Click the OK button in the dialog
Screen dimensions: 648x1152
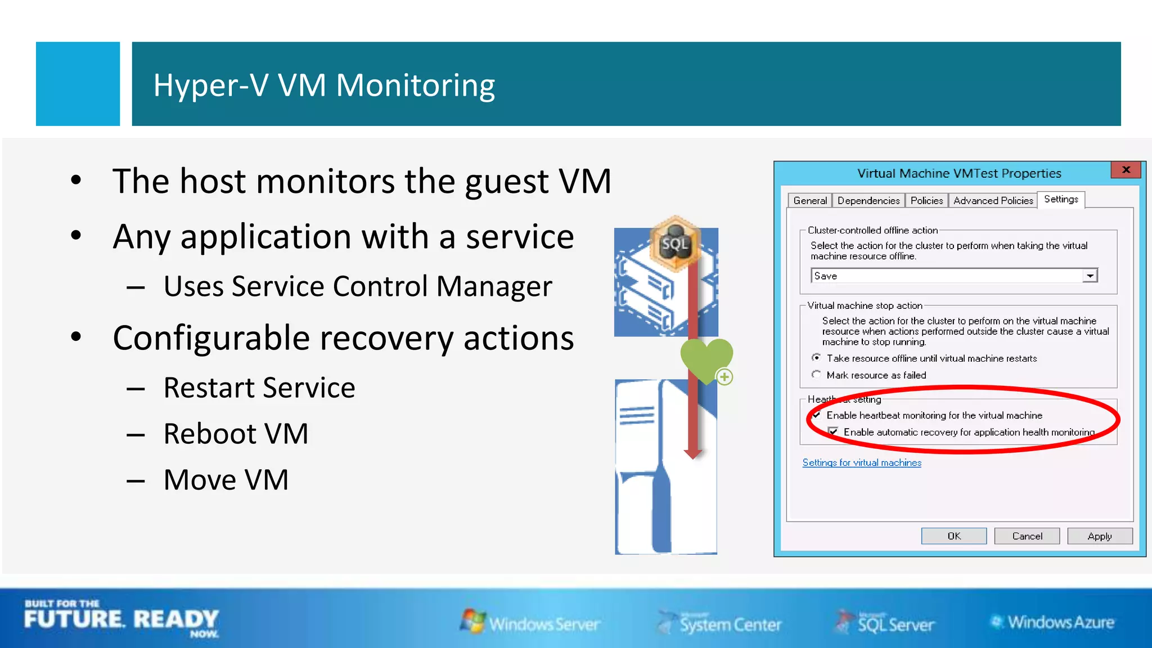click(x=953, y=536)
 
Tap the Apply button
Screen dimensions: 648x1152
click(x=1100, y=536)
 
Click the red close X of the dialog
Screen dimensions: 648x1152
click(x=1126, y=170)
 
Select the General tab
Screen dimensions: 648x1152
click(x=810, y=201)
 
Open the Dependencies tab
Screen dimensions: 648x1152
click(x=868, y=201)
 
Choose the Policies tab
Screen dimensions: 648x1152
click(x=926, y=201)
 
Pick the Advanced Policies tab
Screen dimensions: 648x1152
click(x=993, y=201)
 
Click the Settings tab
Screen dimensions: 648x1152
click(x=1061, y=199)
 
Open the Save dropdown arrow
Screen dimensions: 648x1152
click(x=1090, y=276)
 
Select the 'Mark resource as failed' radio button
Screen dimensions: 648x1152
click(x=816, y=375)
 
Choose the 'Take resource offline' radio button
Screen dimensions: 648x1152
click(x=816, y=358)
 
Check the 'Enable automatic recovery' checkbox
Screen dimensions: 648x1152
click(x=833, y=432)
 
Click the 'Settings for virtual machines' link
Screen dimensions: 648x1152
click(x=862, y=462)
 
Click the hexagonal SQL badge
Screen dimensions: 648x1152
click(x=675, y=244)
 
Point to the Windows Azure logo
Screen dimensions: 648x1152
click(x=1052, y=622)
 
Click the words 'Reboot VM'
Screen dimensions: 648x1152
click(x=236, y=434)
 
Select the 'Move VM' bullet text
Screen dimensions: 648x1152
click(x=226, y=480)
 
